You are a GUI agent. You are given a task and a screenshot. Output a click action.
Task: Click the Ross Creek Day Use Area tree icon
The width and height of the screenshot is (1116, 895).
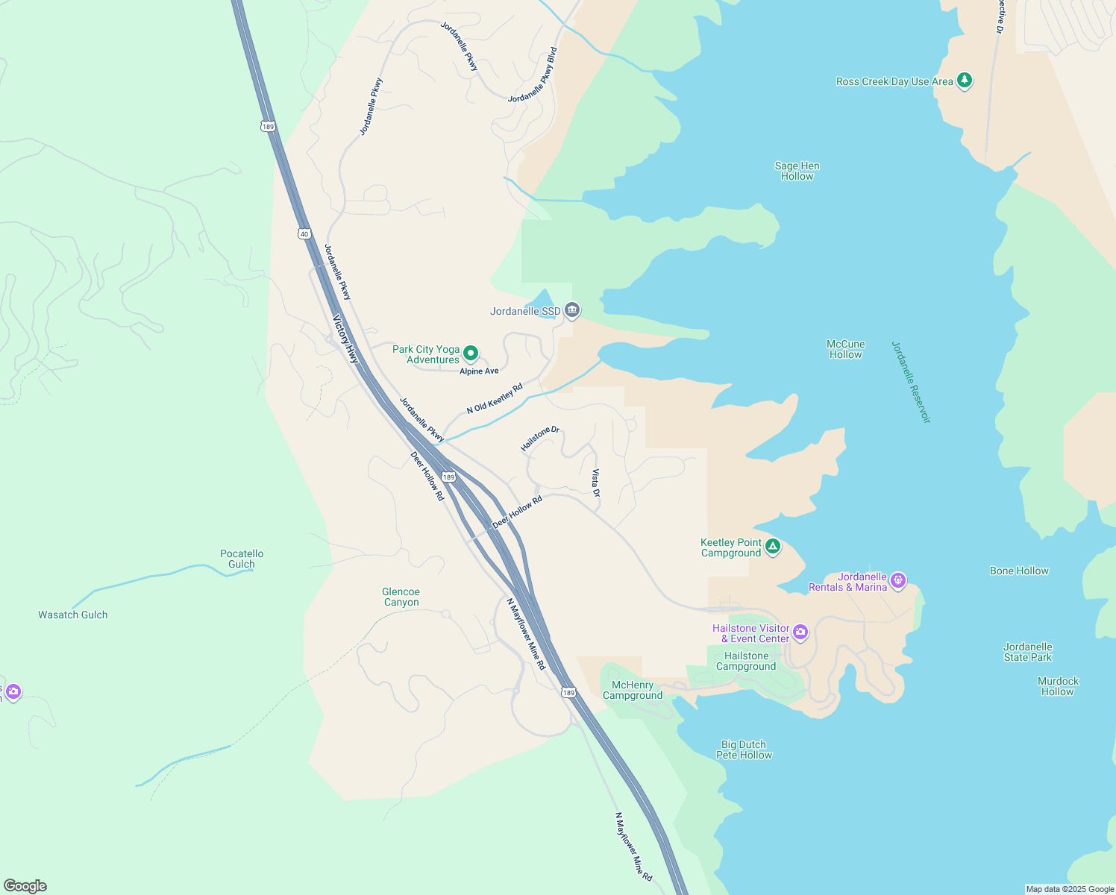pyautogui.click(x=965, y=80)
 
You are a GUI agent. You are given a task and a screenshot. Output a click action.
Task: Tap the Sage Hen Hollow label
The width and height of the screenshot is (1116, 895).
pyautogui.click(x=797, y=172)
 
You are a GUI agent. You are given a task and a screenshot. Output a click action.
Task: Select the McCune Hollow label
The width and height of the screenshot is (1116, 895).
pyautogui.click(x=845, y=350)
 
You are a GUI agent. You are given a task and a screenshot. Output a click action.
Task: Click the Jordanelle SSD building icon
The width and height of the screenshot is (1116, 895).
pyautogui.click(x=572, y=310)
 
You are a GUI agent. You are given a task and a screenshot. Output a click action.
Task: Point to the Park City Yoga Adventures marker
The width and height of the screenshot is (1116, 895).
pyautogui.click(x=471, y=353)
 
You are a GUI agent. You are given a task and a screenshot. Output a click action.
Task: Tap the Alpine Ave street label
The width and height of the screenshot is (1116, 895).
pyautogui.click(x=479, y=371)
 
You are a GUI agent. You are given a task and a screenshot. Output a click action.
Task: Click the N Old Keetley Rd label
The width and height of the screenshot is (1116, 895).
pyautogui.click(x=494, y=398)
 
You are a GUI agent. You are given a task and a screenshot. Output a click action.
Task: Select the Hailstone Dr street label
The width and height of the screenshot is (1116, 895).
pyautogui.click(x=540, y=439)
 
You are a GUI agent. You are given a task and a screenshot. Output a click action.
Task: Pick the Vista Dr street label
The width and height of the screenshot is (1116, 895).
pyautogui.click(x=595, y=483)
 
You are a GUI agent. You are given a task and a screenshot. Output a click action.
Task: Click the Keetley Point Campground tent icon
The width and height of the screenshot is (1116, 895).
pyautogui.click(x=774, y=547)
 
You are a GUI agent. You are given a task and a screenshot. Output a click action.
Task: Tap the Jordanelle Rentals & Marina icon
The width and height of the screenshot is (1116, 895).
pyautogui.click(x=898, y=580)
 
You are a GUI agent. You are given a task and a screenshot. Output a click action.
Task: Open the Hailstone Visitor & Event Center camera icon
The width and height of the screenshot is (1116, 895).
pyautogui.click(x=800, y=632)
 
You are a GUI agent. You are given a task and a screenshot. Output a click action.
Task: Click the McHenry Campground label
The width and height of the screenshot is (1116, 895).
pyautogui.click(x=633, y=691)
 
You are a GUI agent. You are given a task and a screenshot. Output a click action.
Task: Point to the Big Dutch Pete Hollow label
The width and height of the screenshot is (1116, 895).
pyautogui.click(x=744, y=750)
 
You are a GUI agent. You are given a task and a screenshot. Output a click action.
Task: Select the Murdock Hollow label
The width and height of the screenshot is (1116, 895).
pyautogui.click(x=1058, y=686)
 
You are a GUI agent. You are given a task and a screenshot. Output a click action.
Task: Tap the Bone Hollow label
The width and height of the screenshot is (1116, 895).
pyautogui.click(x=1019, y=571)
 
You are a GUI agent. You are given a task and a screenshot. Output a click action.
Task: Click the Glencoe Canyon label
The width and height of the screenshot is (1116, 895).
pyautogui.click(x=401, y=597)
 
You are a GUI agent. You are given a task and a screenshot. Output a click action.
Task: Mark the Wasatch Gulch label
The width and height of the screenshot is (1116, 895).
pyautogui.click(x=73, y=615)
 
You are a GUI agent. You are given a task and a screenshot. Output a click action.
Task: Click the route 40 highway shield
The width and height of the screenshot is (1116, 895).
pyautogui.click(x=304, y=233)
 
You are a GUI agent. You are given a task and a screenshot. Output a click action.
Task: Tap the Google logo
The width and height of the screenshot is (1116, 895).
pyautogui.click(x=25, y=886)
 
